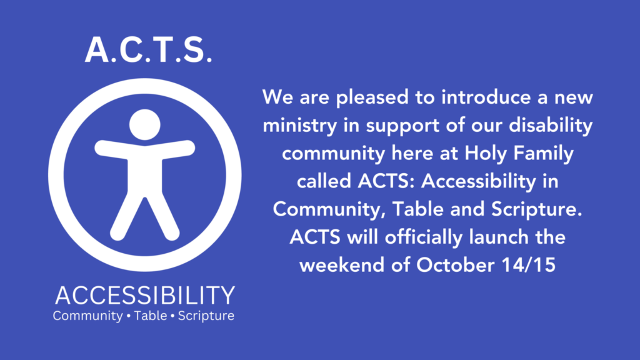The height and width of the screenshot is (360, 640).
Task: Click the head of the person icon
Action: click(x=145, y=124)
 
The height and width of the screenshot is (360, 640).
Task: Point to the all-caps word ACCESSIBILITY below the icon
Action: click(x=145, y=295)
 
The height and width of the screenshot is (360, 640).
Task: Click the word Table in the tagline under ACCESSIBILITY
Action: click(x=151, y=316)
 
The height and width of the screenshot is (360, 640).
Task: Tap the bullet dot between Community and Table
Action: click(x=129, y=316)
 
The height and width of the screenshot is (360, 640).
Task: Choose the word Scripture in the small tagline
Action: click(x=206, y=316)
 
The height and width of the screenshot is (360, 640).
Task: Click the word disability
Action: click(x=551, y=125)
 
